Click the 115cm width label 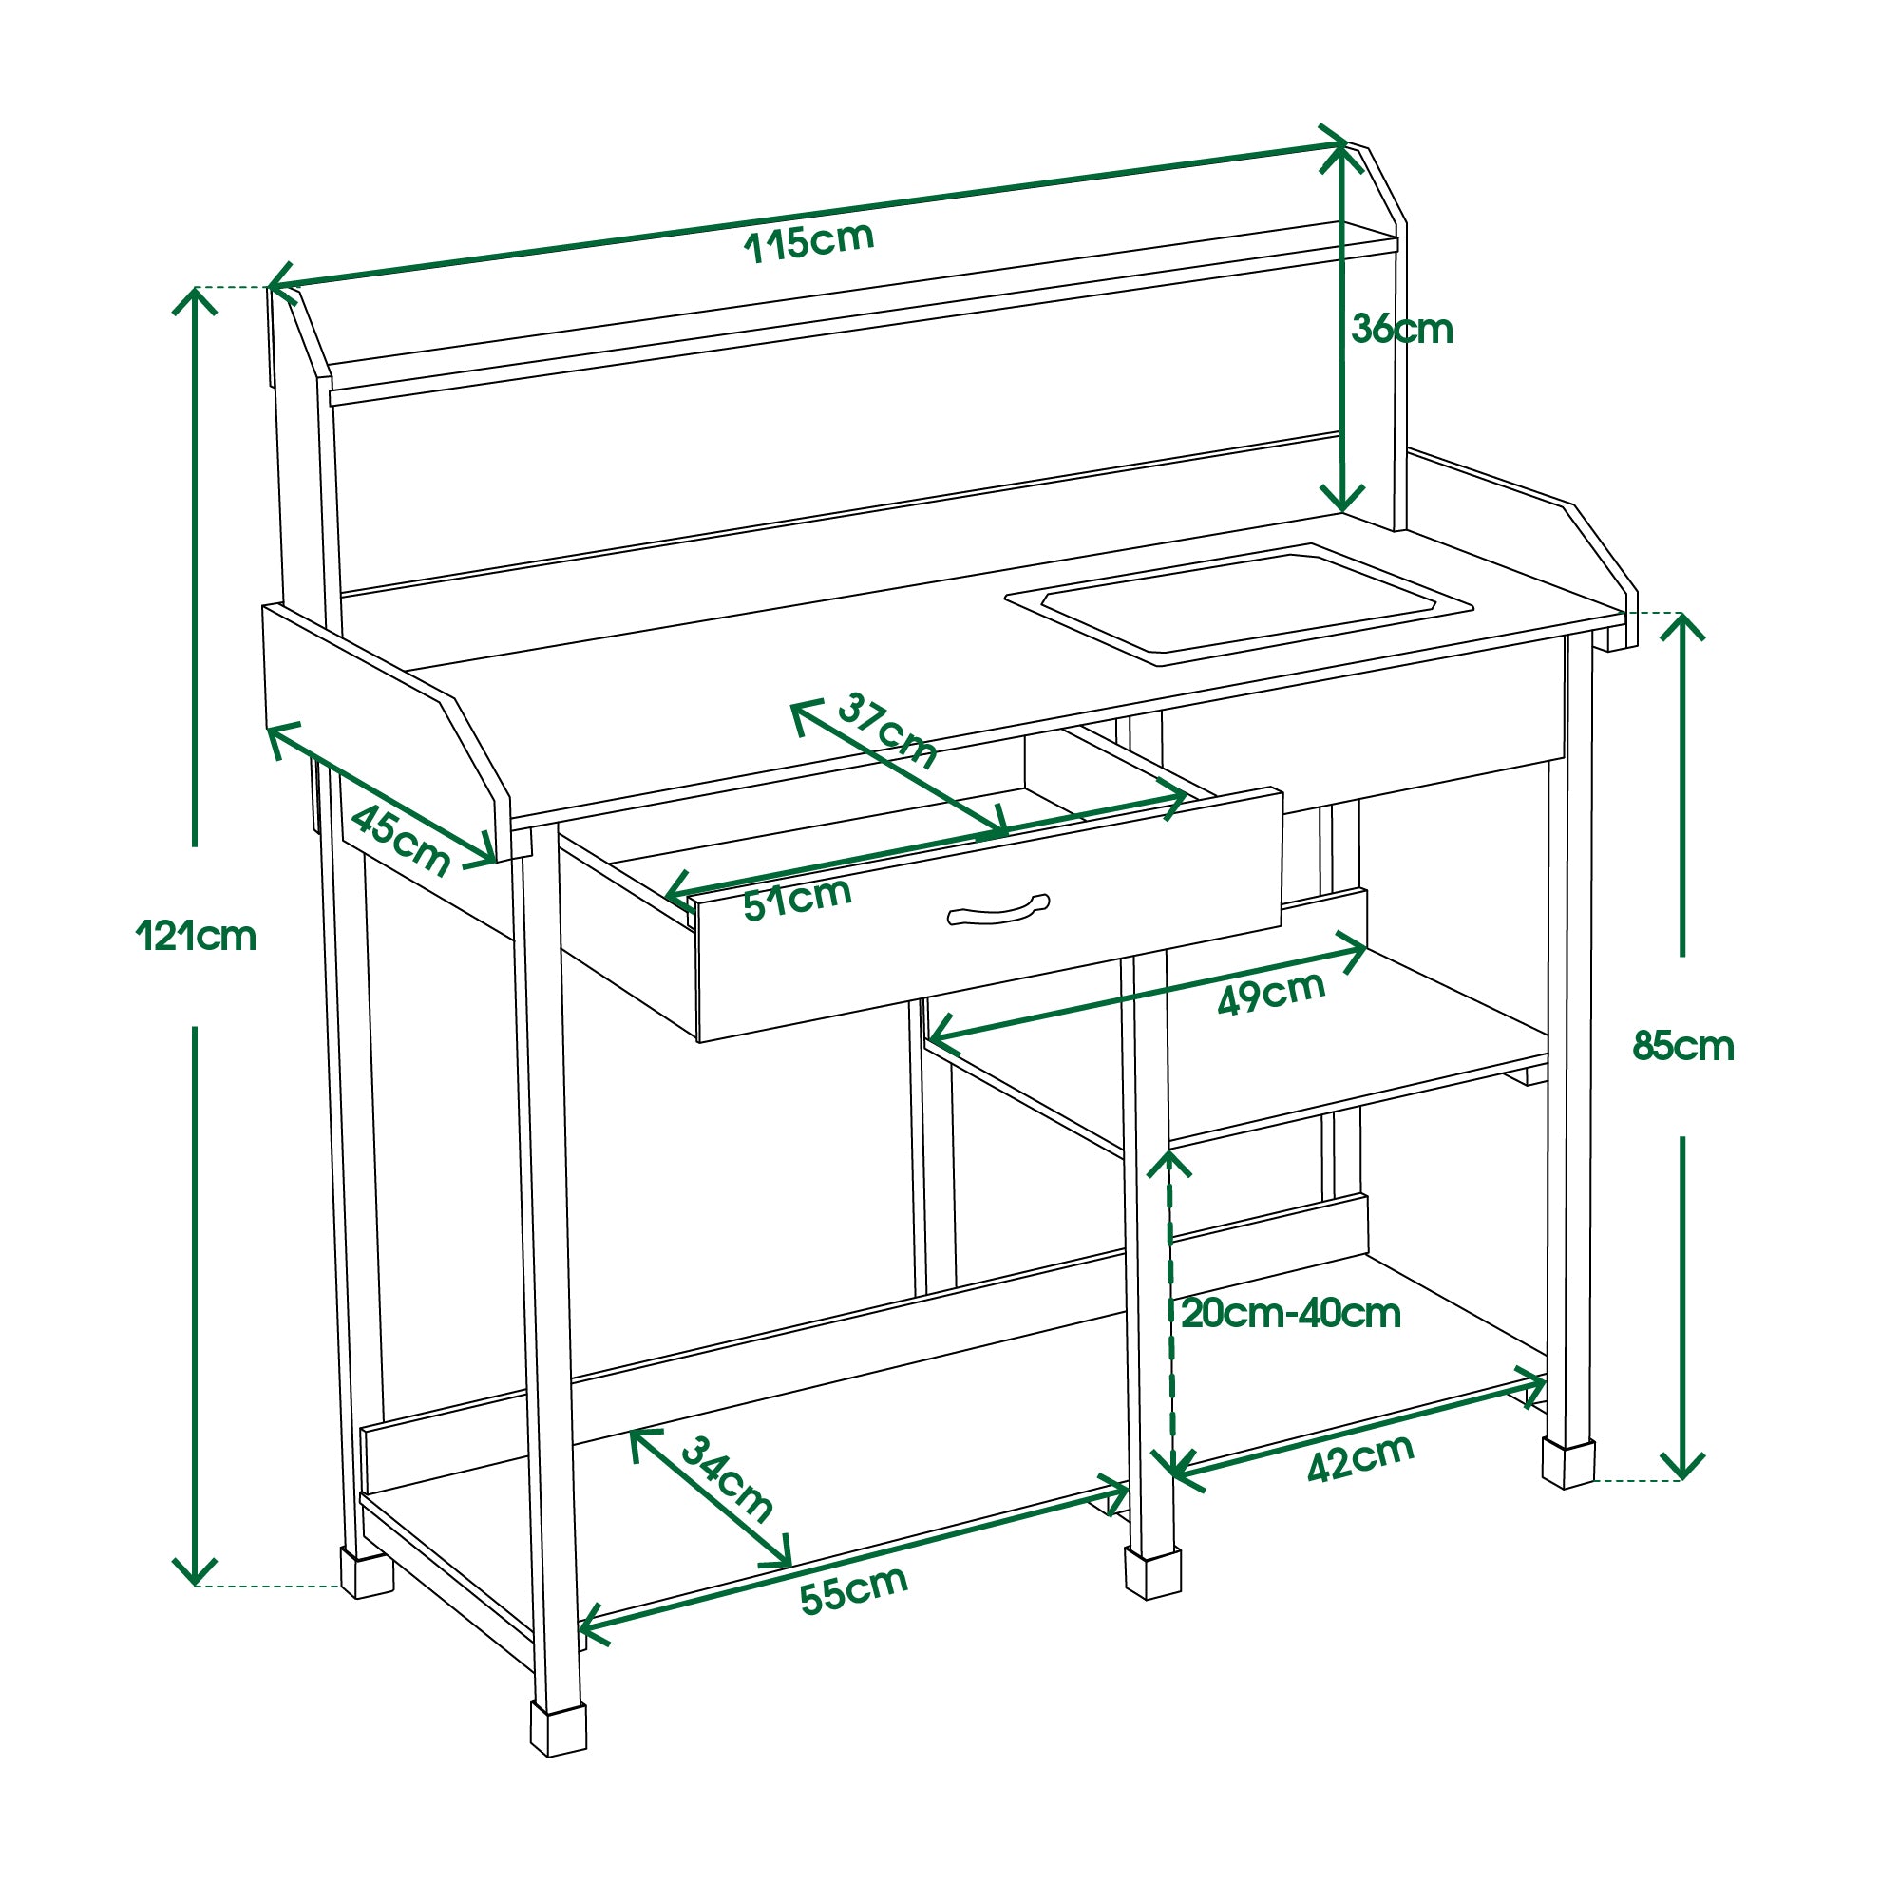808,242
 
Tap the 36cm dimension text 1401,330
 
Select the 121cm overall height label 196,937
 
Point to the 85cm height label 1682,1046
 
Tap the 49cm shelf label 1270,994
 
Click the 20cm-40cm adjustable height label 1290,1314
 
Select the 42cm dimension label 1360,1458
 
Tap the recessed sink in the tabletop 1237,603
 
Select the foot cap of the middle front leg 1152,1571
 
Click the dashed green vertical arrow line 1170,1318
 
